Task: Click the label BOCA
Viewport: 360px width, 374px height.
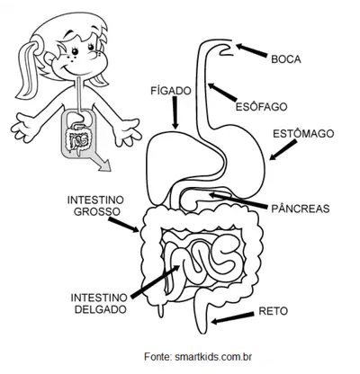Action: [x=286, y=59]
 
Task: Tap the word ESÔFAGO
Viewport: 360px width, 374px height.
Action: [x=261, y=107]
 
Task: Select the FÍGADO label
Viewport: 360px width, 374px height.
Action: [x=171, y=91]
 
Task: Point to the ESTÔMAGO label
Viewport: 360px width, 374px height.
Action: [x=303, y=134]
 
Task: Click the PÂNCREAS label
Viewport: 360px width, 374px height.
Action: [x=301, y=209]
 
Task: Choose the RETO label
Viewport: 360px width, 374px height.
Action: [x=273, y=311]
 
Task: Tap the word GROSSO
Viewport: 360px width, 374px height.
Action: [x=97, y=211]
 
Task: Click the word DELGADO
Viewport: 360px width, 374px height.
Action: [x=100, y=309]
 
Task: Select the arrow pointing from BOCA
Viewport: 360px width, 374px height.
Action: [x=251, y=50]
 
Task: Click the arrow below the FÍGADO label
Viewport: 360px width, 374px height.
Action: [x=175, y=113]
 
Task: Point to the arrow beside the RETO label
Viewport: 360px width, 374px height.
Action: [x=232, y=318]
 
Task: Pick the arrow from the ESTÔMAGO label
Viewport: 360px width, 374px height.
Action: [x=283, y=150]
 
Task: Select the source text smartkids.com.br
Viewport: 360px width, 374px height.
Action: [x=213, y=357]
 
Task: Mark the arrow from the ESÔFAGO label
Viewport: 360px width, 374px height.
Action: [x=222, y=92]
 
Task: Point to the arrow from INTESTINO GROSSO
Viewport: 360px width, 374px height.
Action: [x=123, y=225]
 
